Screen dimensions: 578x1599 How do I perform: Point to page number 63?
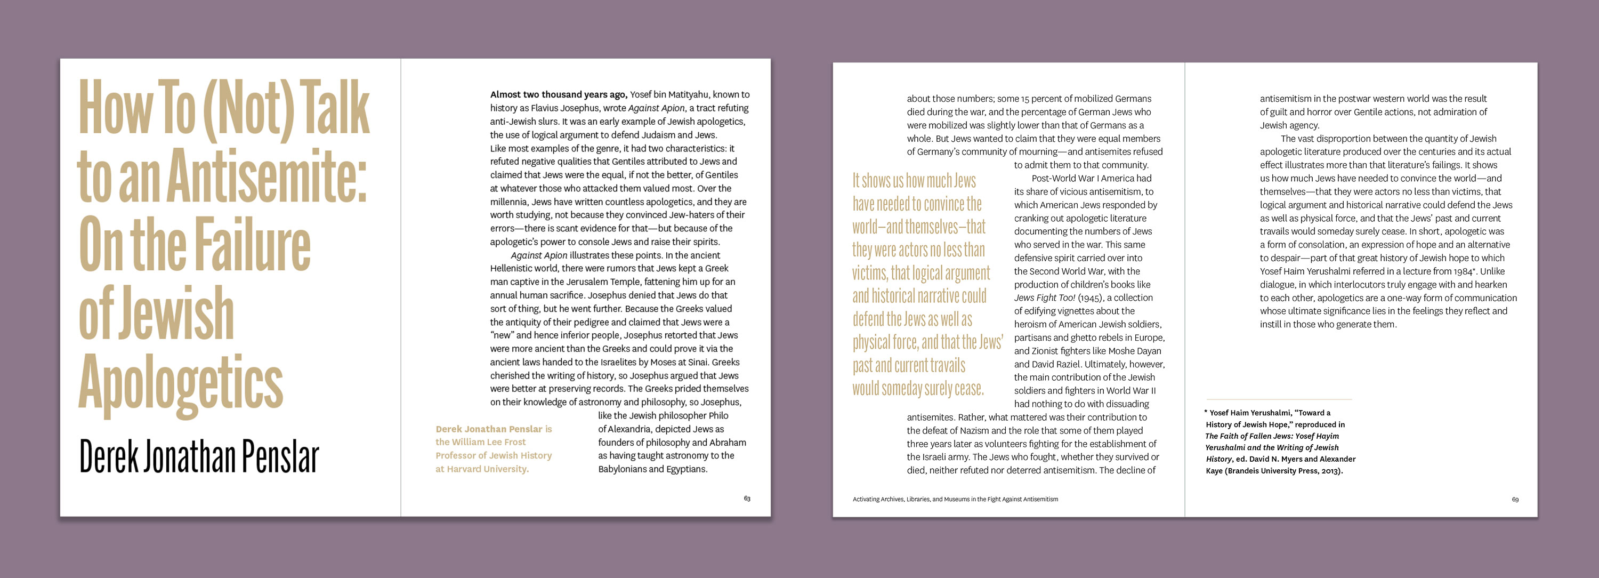coord(747,499)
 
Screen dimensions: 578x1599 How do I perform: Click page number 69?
coord(1515,500)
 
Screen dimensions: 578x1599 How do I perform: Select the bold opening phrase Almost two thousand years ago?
coord(558,95)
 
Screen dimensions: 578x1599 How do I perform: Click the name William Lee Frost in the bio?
coord(489,442)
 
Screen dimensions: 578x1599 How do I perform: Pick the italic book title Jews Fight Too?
coord(1045,298)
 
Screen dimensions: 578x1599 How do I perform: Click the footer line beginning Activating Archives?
coord(955,499)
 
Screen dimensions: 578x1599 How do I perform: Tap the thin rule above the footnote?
coord(1279,399)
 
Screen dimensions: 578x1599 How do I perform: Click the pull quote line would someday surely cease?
coord(917,389)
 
